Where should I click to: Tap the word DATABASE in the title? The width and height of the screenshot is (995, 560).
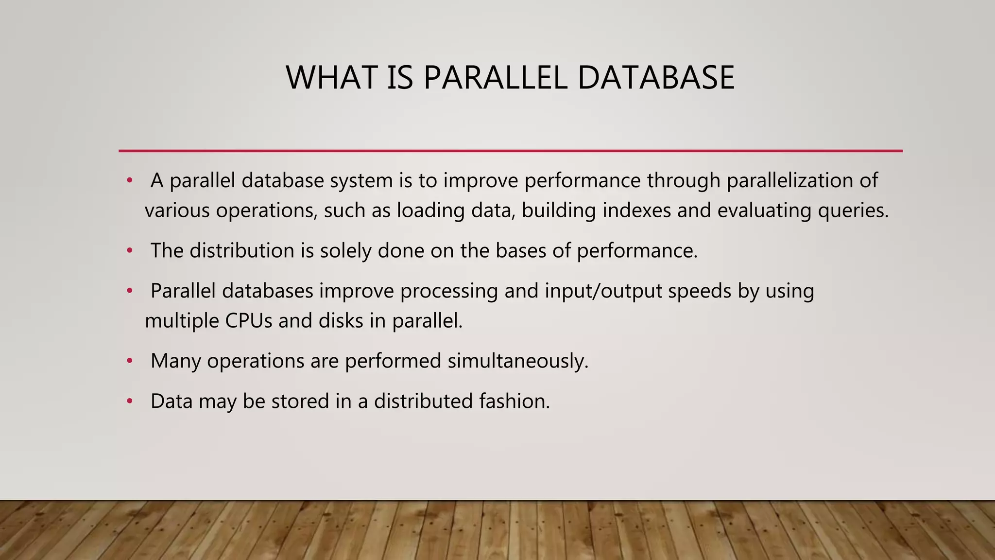(656, 78)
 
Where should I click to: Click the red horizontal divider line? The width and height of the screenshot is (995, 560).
(510, 151)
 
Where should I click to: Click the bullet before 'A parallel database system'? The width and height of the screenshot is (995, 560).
(129, 181)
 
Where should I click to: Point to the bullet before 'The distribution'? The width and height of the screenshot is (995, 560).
(129, 251)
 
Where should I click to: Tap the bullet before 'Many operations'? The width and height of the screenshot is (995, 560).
(129, 361)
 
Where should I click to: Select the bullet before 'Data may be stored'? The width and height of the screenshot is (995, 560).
(129, 402)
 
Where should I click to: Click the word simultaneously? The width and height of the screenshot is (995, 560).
(518, 361)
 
